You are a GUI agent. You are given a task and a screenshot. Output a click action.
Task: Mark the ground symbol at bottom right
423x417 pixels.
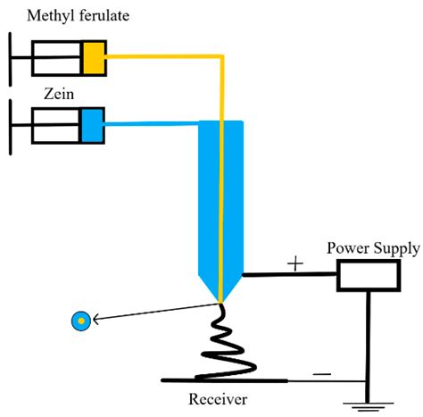(367, 407)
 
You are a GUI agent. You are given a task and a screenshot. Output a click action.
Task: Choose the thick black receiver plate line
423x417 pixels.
(223, 380)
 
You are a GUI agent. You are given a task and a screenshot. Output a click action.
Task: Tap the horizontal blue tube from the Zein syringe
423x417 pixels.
(152, 124)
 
